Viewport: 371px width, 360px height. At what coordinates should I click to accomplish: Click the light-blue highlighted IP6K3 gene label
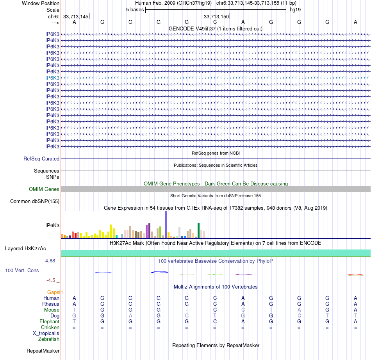pos(52,78)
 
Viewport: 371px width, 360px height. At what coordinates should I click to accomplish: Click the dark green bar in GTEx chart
pos(199,230)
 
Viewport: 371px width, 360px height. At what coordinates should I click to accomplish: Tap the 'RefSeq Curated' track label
pos(41,159)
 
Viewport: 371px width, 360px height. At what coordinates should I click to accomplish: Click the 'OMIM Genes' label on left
pos(44,189)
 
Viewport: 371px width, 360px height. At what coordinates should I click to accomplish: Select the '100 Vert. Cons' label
pos(22,270)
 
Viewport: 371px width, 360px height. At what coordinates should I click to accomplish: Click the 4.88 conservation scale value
pos(53,261)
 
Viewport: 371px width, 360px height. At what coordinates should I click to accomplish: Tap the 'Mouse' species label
pos(52,310)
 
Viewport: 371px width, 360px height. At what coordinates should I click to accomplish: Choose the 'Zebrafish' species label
pos(49,339)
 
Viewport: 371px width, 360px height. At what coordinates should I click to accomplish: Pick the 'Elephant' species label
pos(50,321)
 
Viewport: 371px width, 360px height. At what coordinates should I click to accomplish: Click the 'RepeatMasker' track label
pos(43,351)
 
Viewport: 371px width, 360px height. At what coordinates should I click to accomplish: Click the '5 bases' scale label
pos(135,9)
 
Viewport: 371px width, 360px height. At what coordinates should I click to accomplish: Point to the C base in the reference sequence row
pos(215,22)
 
